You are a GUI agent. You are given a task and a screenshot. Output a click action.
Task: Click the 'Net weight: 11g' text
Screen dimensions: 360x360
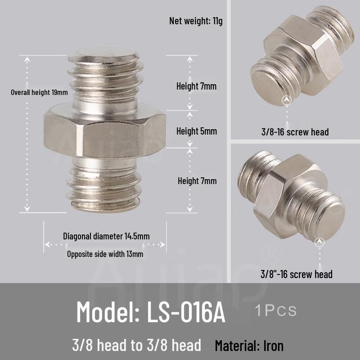196,21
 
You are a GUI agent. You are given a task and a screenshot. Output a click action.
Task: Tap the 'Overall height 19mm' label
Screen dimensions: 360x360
40,93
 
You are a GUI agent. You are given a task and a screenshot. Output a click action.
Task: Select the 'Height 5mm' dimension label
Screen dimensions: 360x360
197,131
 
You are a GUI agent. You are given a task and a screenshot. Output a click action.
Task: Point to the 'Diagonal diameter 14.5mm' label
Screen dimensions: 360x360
106,236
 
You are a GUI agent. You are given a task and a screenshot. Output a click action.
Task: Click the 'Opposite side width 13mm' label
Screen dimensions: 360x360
105,254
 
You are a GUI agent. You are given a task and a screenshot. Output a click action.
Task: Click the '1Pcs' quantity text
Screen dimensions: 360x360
275,310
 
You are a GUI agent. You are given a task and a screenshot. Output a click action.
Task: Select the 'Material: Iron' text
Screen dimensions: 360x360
249,346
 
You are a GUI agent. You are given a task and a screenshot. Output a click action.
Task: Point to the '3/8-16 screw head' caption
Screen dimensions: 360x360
295,132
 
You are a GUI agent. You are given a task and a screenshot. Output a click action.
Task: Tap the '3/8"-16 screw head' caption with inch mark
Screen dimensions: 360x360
297,274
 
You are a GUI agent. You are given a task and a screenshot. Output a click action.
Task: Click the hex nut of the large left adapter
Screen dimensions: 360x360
105,130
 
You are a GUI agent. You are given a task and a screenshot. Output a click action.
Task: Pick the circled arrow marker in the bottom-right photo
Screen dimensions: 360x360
320,242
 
